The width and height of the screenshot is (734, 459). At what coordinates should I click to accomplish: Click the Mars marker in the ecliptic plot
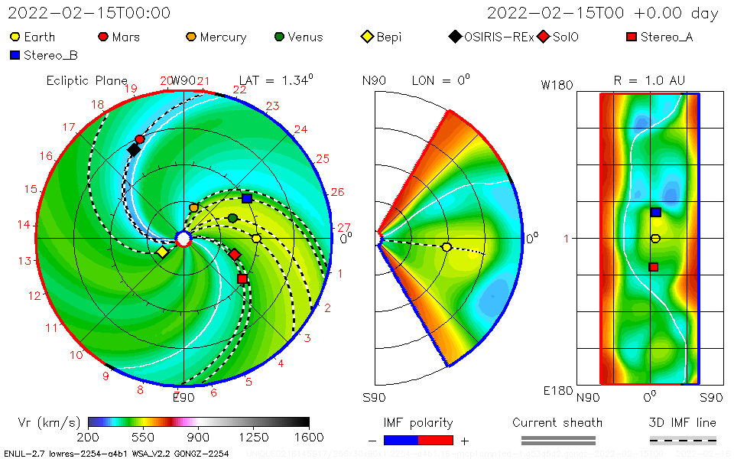(x=139, y=139)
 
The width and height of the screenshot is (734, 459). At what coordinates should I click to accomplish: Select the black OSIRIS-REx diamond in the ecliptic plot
(x=134, y=150)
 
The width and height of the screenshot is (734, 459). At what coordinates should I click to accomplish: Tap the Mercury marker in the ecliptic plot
(x=193, y=207)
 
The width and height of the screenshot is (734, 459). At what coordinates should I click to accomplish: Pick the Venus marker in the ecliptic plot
(x=232, y=218)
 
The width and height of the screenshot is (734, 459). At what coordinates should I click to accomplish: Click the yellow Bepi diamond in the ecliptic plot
(x=162, y=252)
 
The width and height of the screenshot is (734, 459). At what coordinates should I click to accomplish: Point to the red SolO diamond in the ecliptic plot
(x=235, y=254)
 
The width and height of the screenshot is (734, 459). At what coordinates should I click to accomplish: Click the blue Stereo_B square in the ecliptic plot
(x=246, y=198)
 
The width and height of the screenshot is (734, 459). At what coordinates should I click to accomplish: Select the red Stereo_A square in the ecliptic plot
(x=242, y=279)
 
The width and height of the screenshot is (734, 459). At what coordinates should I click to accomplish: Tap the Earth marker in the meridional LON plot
(x=447, y=246)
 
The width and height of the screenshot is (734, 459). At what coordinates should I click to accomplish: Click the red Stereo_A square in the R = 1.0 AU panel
(x=654, y=267)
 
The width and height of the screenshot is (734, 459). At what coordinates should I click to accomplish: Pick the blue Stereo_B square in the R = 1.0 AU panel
(x=655, y=212)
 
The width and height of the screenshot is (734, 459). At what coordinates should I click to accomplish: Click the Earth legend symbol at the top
(x=15, y=37)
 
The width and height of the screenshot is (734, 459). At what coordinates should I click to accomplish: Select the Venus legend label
(x=305, y=37)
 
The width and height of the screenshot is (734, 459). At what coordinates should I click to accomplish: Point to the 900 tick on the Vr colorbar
(x=199, y=422)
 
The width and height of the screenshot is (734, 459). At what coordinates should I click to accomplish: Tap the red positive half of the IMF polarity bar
(x=436, y=440)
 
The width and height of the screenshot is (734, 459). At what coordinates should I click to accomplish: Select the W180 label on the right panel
(x=557, y=85)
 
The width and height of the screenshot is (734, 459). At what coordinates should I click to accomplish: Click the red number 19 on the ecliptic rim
(x=131, y=89)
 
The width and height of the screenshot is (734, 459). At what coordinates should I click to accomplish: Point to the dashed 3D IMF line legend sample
(x=683, y=440)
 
